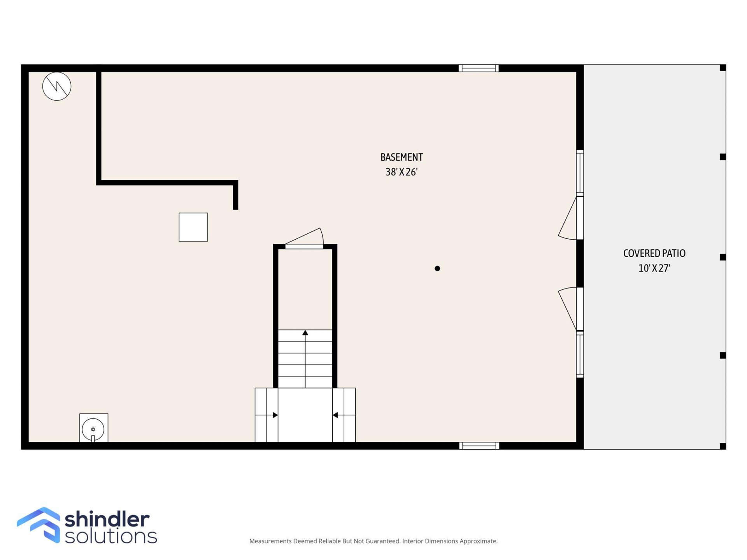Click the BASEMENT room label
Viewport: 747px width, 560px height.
[x=401, y=157]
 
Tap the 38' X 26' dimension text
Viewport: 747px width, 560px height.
[x=401, y=172]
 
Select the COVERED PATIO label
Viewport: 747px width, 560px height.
[x=654, y=253]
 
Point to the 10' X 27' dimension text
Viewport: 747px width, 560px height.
[x=654, y=268]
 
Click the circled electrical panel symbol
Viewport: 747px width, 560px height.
[x=57, y=86]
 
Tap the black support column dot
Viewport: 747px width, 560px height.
[x=437, y=268]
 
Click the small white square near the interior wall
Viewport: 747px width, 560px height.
[x=193, y=227]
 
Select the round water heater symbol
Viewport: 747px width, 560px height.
[x=93, y=429]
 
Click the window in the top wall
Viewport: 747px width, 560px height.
[x=479, y=68]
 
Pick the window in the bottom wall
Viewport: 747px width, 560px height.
[x=479, y=446]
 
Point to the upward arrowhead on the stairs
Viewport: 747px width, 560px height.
[x=305, y=333]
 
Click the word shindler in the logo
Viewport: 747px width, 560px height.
[x=107, y=519]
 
